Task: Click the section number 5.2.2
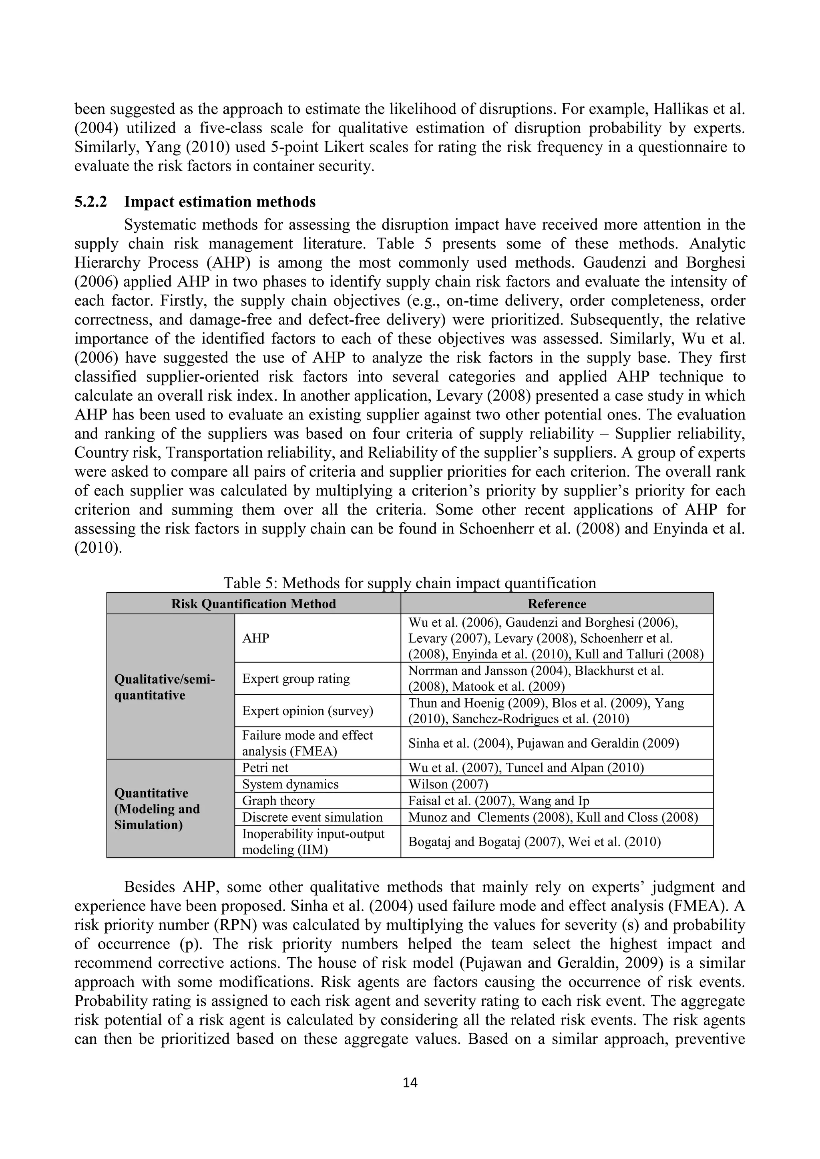pos(91,202)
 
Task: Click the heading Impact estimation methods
pos(220,202)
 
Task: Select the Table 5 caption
pos(410,583)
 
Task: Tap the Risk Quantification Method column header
pos(253,604)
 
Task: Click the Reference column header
pos(557,604)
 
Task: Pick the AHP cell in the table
pos(256,638)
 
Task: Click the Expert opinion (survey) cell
pos(307,711)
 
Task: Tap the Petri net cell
pos(265,768)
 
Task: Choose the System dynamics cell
pos(290,784)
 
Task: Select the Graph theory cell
pos(279,800)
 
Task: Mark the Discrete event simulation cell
pos(313,817)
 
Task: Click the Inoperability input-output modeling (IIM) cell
pos(313,842)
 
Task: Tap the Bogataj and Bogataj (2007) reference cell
pos(534,842)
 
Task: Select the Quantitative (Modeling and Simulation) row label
pos(157,809)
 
